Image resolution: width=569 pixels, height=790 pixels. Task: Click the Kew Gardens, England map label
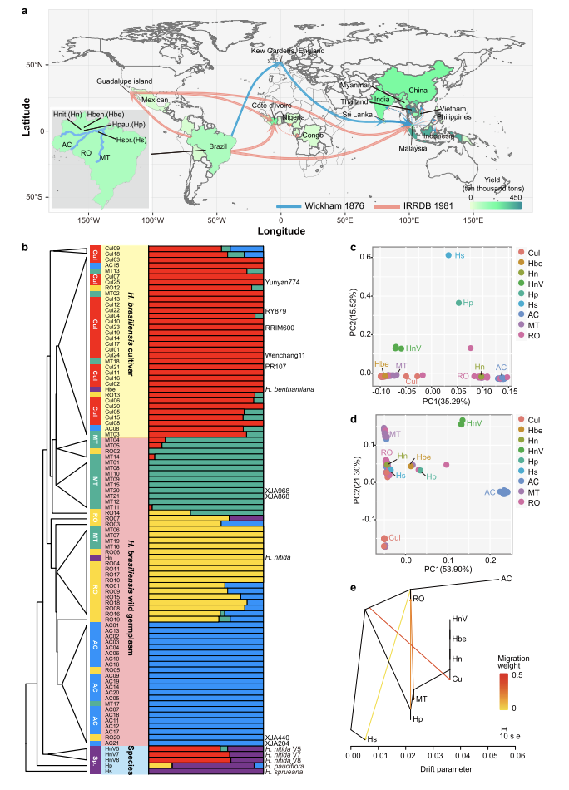(289, 51)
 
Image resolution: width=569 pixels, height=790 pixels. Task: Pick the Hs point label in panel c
(460, 254)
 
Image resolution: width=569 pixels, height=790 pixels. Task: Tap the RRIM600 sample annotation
(282, 327)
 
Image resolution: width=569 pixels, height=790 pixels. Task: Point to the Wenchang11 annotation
(284, 356)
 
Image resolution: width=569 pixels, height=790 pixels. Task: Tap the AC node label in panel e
(505, 579)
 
